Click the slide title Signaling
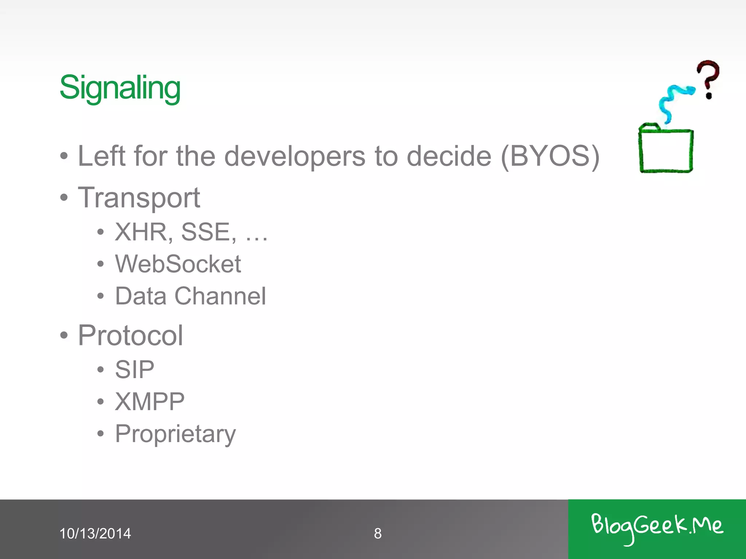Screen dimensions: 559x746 click(x=120, y=87)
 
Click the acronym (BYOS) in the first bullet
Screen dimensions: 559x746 click(x=550, y=156)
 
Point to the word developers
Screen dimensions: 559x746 click(x=294, y=156)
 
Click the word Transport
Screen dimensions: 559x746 click(x=139, y=198)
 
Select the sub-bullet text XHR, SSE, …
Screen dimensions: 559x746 click(x=191, y=232)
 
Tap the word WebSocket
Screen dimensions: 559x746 click(x=178, y=264)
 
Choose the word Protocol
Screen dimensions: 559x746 click(x=130, y=335)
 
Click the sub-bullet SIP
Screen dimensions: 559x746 click(x=134, y=369)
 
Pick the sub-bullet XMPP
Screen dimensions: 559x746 click(x=149, y=402)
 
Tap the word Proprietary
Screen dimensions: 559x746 click(x=175, y=434)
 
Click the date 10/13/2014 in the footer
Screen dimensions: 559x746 click(x=95, y=534)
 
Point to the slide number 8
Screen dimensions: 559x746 click(x=378, y=534)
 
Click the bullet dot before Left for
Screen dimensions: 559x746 click(x=64, y=156)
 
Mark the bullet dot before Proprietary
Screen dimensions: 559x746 click(x=101, y=433)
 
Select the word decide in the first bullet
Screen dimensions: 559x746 click(x=449, y=156)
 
